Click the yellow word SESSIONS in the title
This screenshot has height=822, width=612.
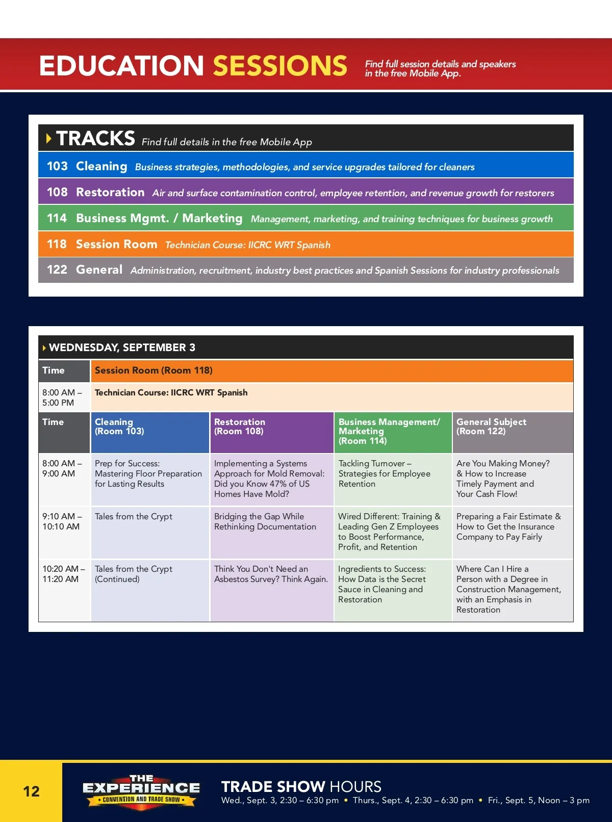tap(280, 66)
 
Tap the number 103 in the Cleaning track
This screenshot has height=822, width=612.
tap(57, 166)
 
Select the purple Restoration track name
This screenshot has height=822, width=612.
tap(110, 192)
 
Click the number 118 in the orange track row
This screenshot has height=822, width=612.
tap(57, 244)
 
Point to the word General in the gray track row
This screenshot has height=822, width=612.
tap(99, 270)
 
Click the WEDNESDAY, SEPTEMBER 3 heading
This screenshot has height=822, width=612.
tap(122, 347)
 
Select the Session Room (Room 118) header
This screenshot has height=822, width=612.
tap(154, 370)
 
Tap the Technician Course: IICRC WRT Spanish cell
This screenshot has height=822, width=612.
tap(332, 397)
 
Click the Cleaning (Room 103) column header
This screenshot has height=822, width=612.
tap(150, 433)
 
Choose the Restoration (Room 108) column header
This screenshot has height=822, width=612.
tap(272, 433)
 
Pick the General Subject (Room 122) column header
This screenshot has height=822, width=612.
tap(513, 433)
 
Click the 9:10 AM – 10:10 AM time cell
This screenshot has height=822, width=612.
tap(64, 532)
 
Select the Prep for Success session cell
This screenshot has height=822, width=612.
tap(150, 480)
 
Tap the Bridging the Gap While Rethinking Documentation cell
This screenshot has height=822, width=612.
tap(272, 532)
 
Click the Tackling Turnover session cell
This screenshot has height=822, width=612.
tap(393, 480)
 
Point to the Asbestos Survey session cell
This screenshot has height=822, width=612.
tap(272, 590)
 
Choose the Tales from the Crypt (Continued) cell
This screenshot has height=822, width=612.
tap(150, 590)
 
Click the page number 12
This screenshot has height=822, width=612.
tap(31, 791)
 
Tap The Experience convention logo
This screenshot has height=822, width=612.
tap(141, 791)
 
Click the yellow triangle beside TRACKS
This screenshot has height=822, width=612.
tap(48, 139)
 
